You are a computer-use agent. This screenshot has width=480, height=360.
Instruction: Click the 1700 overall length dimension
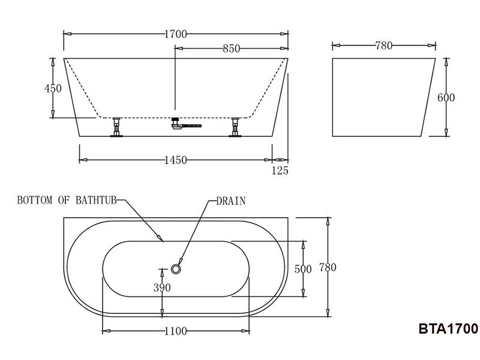point(176,34)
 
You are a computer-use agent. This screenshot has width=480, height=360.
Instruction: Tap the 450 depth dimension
point(53,88)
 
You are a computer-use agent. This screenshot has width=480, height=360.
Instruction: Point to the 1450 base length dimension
point(175,160)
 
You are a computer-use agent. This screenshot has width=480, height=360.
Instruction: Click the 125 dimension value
point(280,171)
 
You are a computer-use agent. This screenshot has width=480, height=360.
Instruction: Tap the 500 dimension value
point(304,269)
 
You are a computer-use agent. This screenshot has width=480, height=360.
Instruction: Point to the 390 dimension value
point(162,287)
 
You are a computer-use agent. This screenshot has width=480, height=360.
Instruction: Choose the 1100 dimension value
point(176,331)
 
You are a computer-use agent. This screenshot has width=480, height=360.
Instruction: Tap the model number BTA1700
point(448,329)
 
